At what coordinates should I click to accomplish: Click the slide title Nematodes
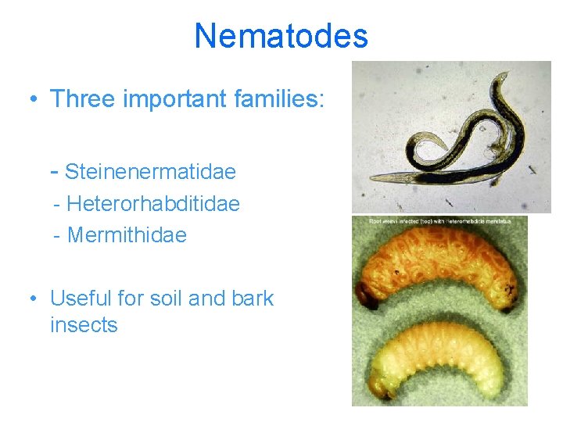[x=281, y=36]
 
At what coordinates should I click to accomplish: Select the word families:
[x=282, y=99]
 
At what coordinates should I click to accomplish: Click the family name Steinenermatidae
[x=150, y=171]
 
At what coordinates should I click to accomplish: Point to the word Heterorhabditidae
[x=153, y=204]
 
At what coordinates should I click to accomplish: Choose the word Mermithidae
[x=127, y=234]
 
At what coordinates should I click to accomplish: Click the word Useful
[x=81, y=299]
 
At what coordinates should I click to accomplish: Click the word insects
[x=84, y=325]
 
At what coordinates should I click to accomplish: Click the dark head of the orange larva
[x=364, y=295]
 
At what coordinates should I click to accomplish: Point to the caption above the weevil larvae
[x=440, y=222]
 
